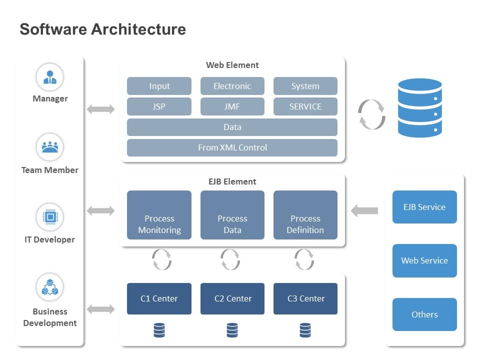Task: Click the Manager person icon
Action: click(49, 77)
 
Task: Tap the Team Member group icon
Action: click(49, 147)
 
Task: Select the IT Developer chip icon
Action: click(49, 217)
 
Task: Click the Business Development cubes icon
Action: click(49, 287)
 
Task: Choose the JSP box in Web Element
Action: click(159, 106)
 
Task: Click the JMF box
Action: click(232, 106)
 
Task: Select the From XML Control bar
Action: click(232, 147)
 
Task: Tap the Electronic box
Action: click(232, 86)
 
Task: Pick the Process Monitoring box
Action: click(159, 215)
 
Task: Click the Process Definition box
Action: click(305, 215)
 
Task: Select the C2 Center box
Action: click(232, 299)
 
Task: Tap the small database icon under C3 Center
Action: click(305, 330)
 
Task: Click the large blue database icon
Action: click(419, 107)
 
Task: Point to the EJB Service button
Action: click(424, 207)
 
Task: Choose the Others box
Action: click(424, 314)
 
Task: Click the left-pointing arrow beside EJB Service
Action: click(364, 211)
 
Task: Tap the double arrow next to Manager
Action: click(100, 109)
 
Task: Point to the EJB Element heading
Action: click(232, 181)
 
